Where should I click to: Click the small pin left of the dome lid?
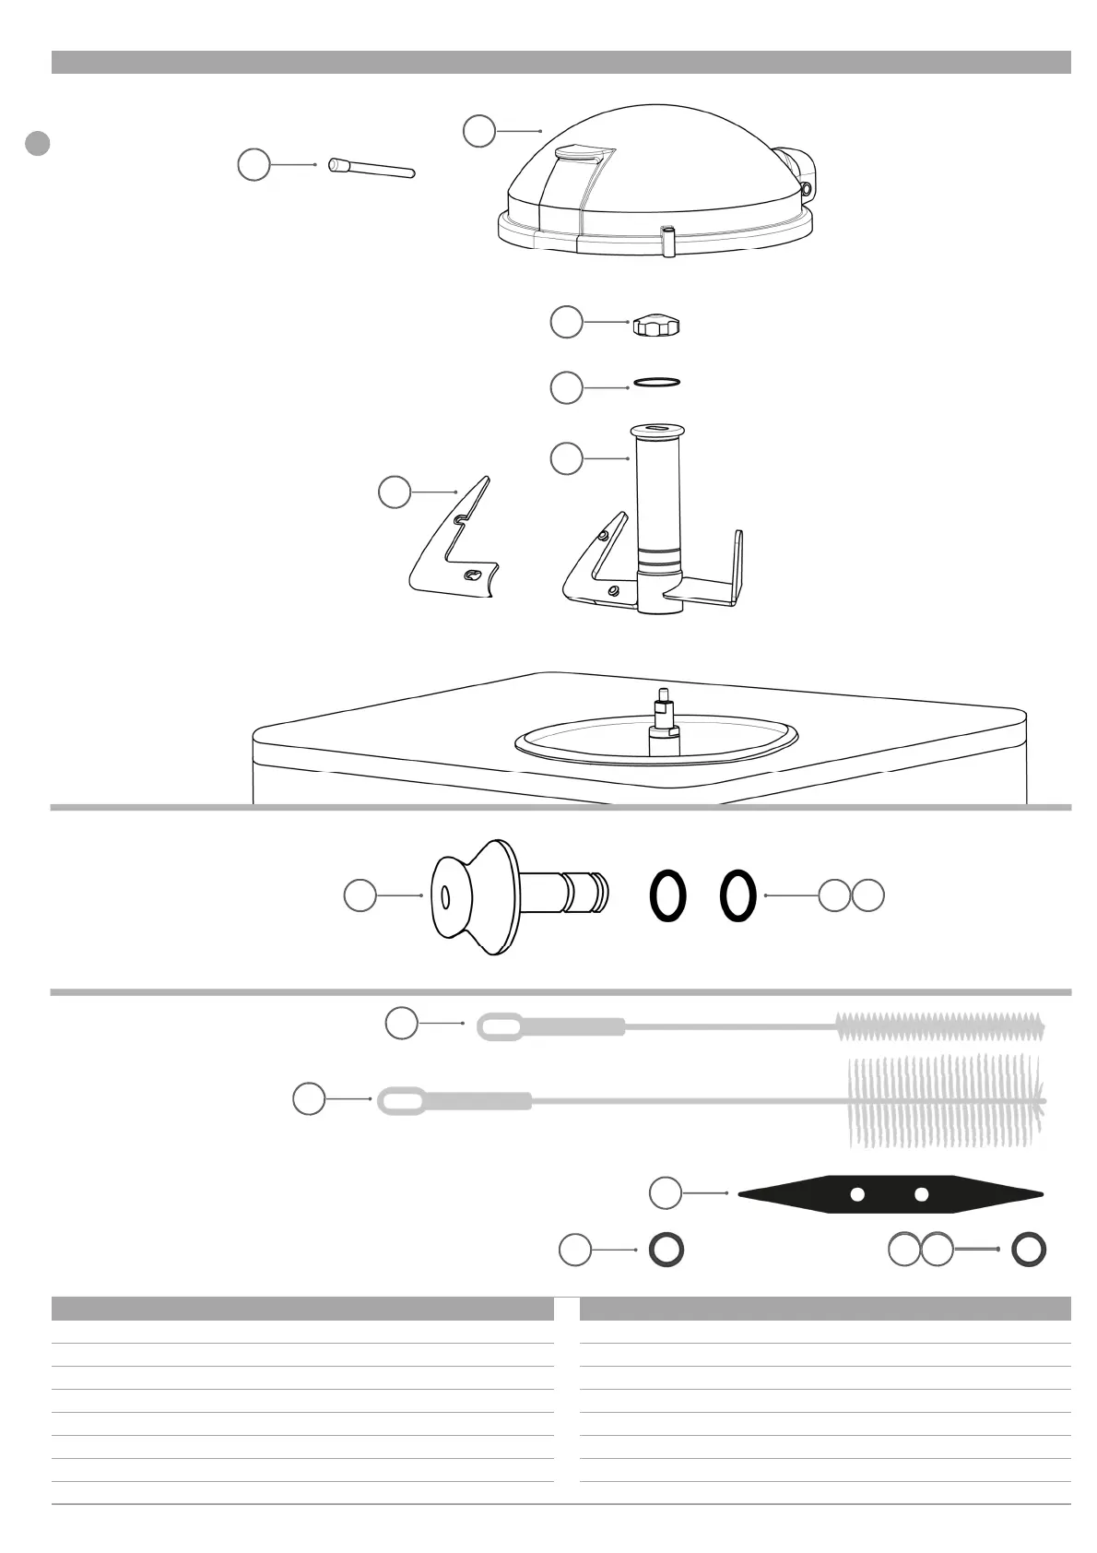(x=371, y=169)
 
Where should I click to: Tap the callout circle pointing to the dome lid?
(x=478, y=131)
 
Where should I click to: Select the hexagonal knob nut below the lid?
(x=657, y=326)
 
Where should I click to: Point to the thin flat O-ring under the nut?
(x=656, y=382)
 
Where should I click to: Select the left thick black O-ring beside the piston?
(x=667, y=896)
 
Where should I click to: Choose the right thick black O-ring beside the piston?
(x=737, y=896)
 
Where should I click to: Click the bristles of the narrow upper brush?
(x=940, y=1025)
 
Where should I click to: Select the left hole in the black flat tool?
(x=857, y=1195)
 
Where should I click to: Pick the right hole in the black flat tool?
(x=921, y=1195)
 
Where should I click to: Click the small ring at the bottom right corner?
(x=1029, y=1251)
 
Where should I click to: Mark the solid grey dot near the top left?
(x=37, y=144)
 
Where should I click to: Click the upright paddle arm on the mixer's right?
(x=737, y=564)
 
